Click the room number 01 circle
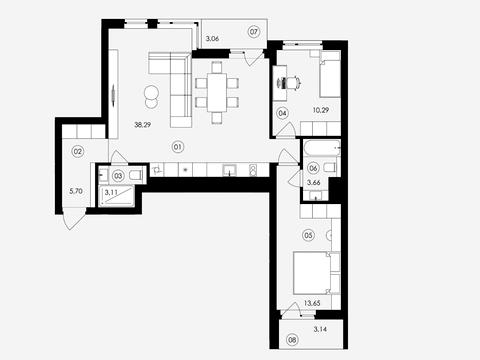coord(178,147)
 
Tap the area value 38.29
coord(142,125)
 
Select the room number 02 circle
coord(78,152)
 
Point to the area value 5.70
coord(76,191)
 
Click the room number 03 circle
coord(118,176)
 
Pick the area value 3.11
coord(111,192)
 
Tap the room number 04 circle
coord(282,113)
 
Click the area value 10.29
coord(321,110)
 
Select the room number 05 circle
coord(308,236)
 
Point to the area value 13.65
coord(312,303)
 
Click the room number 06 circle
coord(313,168)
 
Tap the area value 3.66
coord(314,183)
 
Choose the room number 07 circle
coord(254,32)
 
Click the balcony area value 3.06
coord(212,39)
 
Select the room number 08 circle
coord(293,340)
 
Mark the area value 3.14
coord(320,329)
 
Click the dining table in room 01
coord(217,92)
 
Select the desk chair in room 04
coord(293,82)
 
